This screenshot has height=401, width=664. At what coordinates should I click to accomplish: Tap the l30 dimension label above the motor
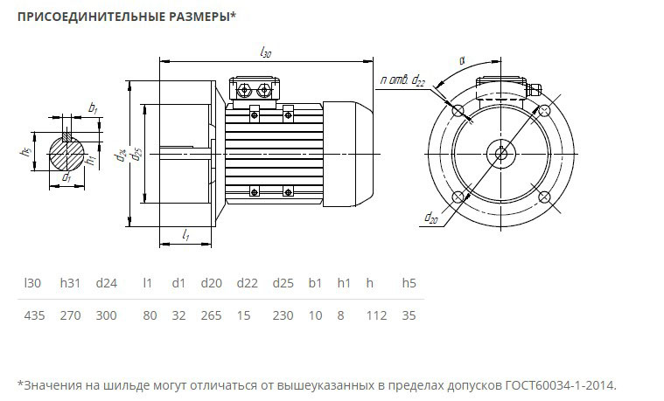pos(266,53)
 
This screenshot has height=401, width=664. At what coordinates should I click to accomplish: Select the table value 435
pos(33,315)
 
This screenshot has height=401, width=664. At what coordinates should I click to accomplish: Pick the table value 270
pos(69,315)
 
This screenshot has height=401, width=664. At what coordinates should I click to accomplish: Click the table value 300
pos(106,315)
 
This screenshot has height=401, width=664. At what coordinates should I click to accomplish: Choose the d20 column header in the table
pos(210,283)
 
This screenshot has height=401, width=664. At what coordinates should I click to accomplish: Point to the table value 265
pos(210,315)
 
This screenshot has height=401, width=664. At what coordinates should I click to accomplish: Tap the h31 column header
pos(69,283)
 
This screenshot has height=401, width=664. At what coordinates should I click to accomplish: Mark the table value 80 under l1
pos(148,315)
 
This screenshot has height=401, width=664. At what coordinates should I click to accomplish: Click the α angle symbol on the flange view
pos(461,62)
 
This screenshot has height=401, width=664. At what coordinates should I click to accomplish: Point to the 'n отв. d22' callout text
pos(402,81)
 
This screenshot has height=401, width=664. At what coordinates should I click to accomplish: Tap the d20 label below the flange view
pos(430,218)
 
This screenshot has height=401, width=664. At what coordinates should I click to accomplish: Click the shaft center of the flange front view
pos(500,154)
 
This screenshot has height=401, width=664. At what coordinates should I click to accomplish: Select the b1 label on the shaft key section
pos(93,108)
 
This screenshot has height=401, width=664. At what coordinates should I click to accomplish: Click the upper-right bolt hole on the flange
pos(544,110)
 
